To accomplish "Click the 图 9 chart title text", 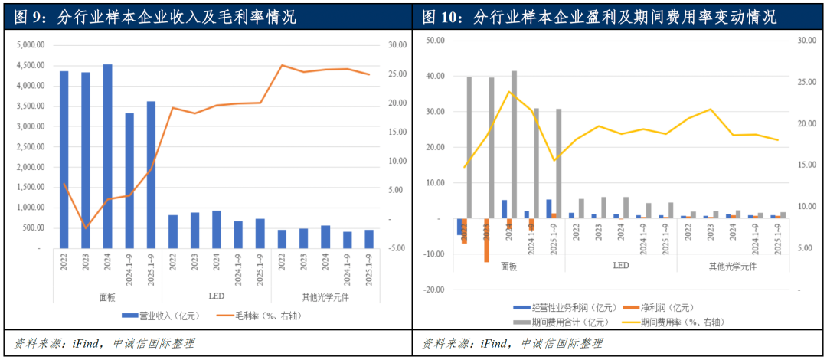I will (153, 16).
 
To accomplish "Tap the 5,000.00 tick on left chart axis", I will (30, 45).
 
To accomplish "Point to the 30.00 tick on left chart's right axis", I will (397, 45).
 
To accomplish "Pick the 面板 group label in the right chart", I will (509, 267).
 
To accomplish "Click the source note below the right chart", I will (513, 343).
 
